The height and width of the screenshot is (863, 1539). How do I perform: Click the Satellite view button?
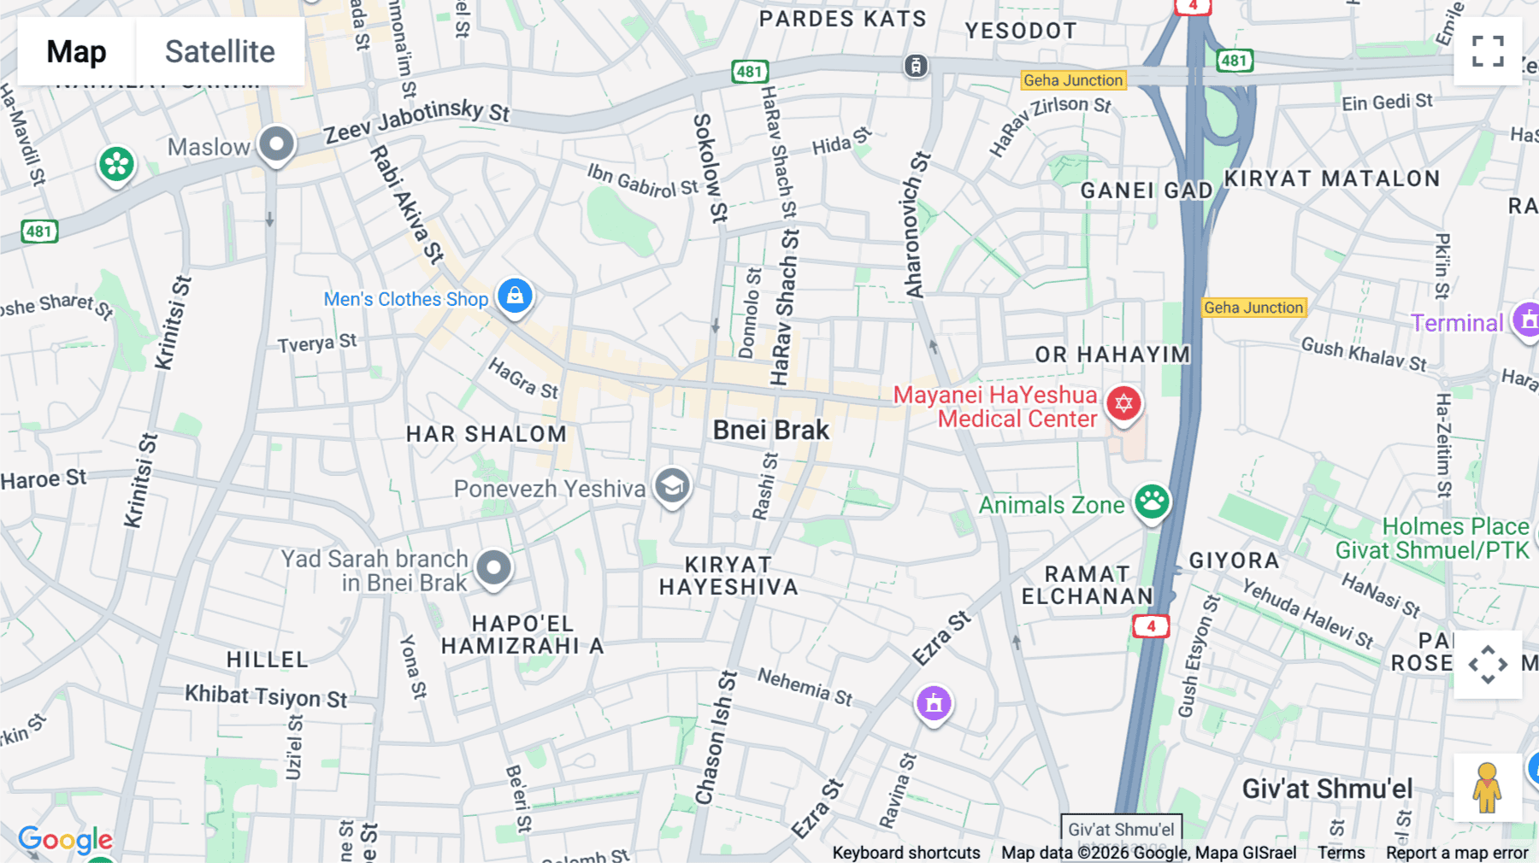[220, 51]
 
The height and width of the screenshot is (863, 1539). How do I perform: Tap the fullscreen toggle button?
[1488, 51]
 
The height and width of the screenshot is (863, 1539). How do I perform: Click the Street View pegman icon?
[1487, 787]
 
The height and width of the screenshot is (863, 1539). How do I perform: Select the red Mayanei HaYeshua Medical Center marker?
[1123, 403]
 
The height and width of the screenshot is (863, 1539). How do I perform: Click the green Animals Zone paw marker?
[1152, 502]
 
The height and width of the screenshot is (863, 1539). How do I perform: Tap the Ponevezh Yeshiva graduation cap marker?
[672, 486]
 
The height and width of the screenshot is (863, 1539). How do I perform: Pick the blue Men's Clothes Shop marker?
[515, 296]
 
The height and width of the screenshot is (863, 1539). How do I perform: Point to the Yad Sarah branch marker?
[493, 567]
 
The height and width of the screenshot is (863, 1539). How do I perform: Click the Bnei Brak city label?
[770, 430]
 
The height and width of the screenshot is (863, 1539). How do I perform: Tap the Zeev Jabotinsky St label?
[416, 120]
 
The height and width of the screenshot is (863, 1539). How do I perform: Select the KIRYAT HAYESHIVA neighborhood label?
[728, 576]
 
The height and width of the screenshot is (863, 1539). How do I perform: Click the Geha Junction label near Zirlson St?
[1073, 80]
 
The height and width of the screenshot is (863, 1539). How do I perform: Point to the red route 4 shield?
[1151, 626]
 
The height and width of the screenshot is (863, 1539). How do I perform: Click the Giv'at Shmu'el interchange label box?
[1121, 829]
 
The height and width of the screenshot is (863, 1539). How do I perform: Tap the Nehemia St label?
[805, 687]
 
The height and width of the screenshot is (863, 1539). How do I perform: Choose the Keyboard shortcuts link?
[906, 853]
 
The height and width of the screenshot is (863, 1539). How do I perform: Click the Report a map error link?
[1457, 853]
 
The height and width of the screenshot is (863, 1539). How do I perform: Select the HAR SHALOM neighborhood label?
[486, 434]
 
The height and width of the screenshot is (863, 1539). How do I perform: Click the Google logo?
[65, 841]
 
